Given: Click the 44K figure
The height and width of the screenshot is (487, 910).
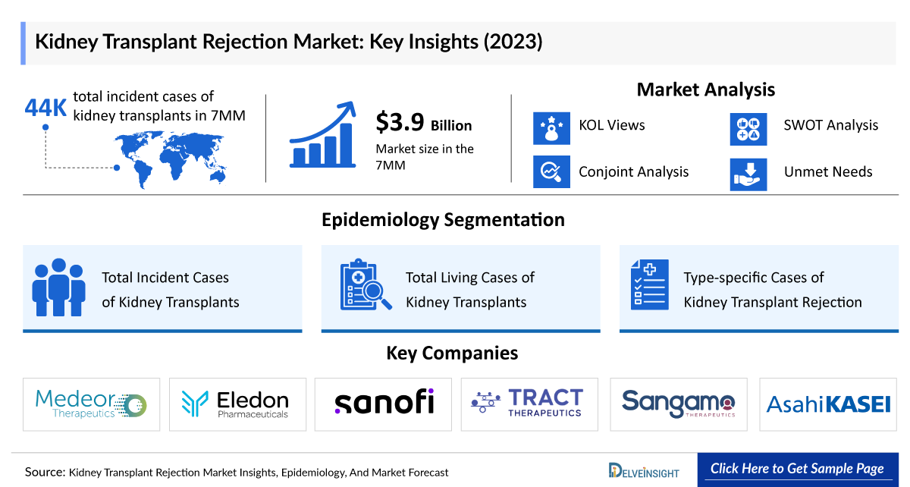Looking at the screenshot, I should point(45,108).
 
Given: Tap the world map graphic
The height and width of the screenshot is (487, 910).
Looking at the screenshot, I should point(174,156).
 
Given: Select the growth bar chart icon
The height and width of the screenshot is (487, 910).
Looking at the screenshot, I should point(322,137).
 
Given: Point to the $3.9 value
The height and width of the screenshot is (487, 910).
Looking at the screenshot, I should point(400,123).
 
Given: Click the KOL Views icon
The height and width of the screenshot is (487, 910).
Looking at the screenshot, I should point(551,127).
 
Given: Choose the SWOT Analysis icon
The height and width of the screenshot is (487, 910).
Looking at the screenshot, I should point(748,127).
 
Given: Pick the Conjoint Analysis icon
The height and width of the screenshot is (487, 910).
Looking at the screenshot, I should point(551,172).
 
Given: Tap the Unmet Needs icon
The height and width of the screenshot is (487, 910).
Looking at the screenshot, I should point(748,173).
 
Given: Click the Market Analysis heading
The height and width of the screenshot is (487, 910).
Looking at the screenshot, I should point(705,90).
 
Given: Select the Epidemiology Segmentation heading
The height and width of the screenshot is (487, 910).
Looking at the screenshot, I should point(443,220).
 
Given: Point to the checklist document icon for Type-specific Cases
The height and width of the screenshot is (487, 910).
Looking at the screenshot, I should point(650,285).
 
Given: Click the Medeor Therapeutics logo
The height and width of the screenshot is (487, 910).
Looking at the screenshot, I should point(91,404).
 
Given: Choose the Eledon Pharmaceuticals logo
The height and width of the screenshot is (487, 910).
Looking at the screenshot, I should point(237,404).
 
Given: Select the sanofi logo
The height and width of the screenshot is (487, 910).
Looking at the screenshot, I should point(384,402).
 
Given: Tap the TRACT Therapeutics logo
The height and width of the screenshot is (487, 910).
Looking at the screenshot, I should point(529,403).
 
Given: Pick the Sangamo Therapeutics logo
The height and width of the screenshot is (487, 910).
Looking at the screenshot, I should point(678,403).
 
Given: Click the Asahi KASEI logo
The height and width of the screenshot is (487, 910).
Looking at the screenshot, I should point(828,404).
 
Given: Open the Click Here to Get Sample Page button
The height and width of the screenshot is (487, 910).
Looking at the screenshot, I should point(798,469).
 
